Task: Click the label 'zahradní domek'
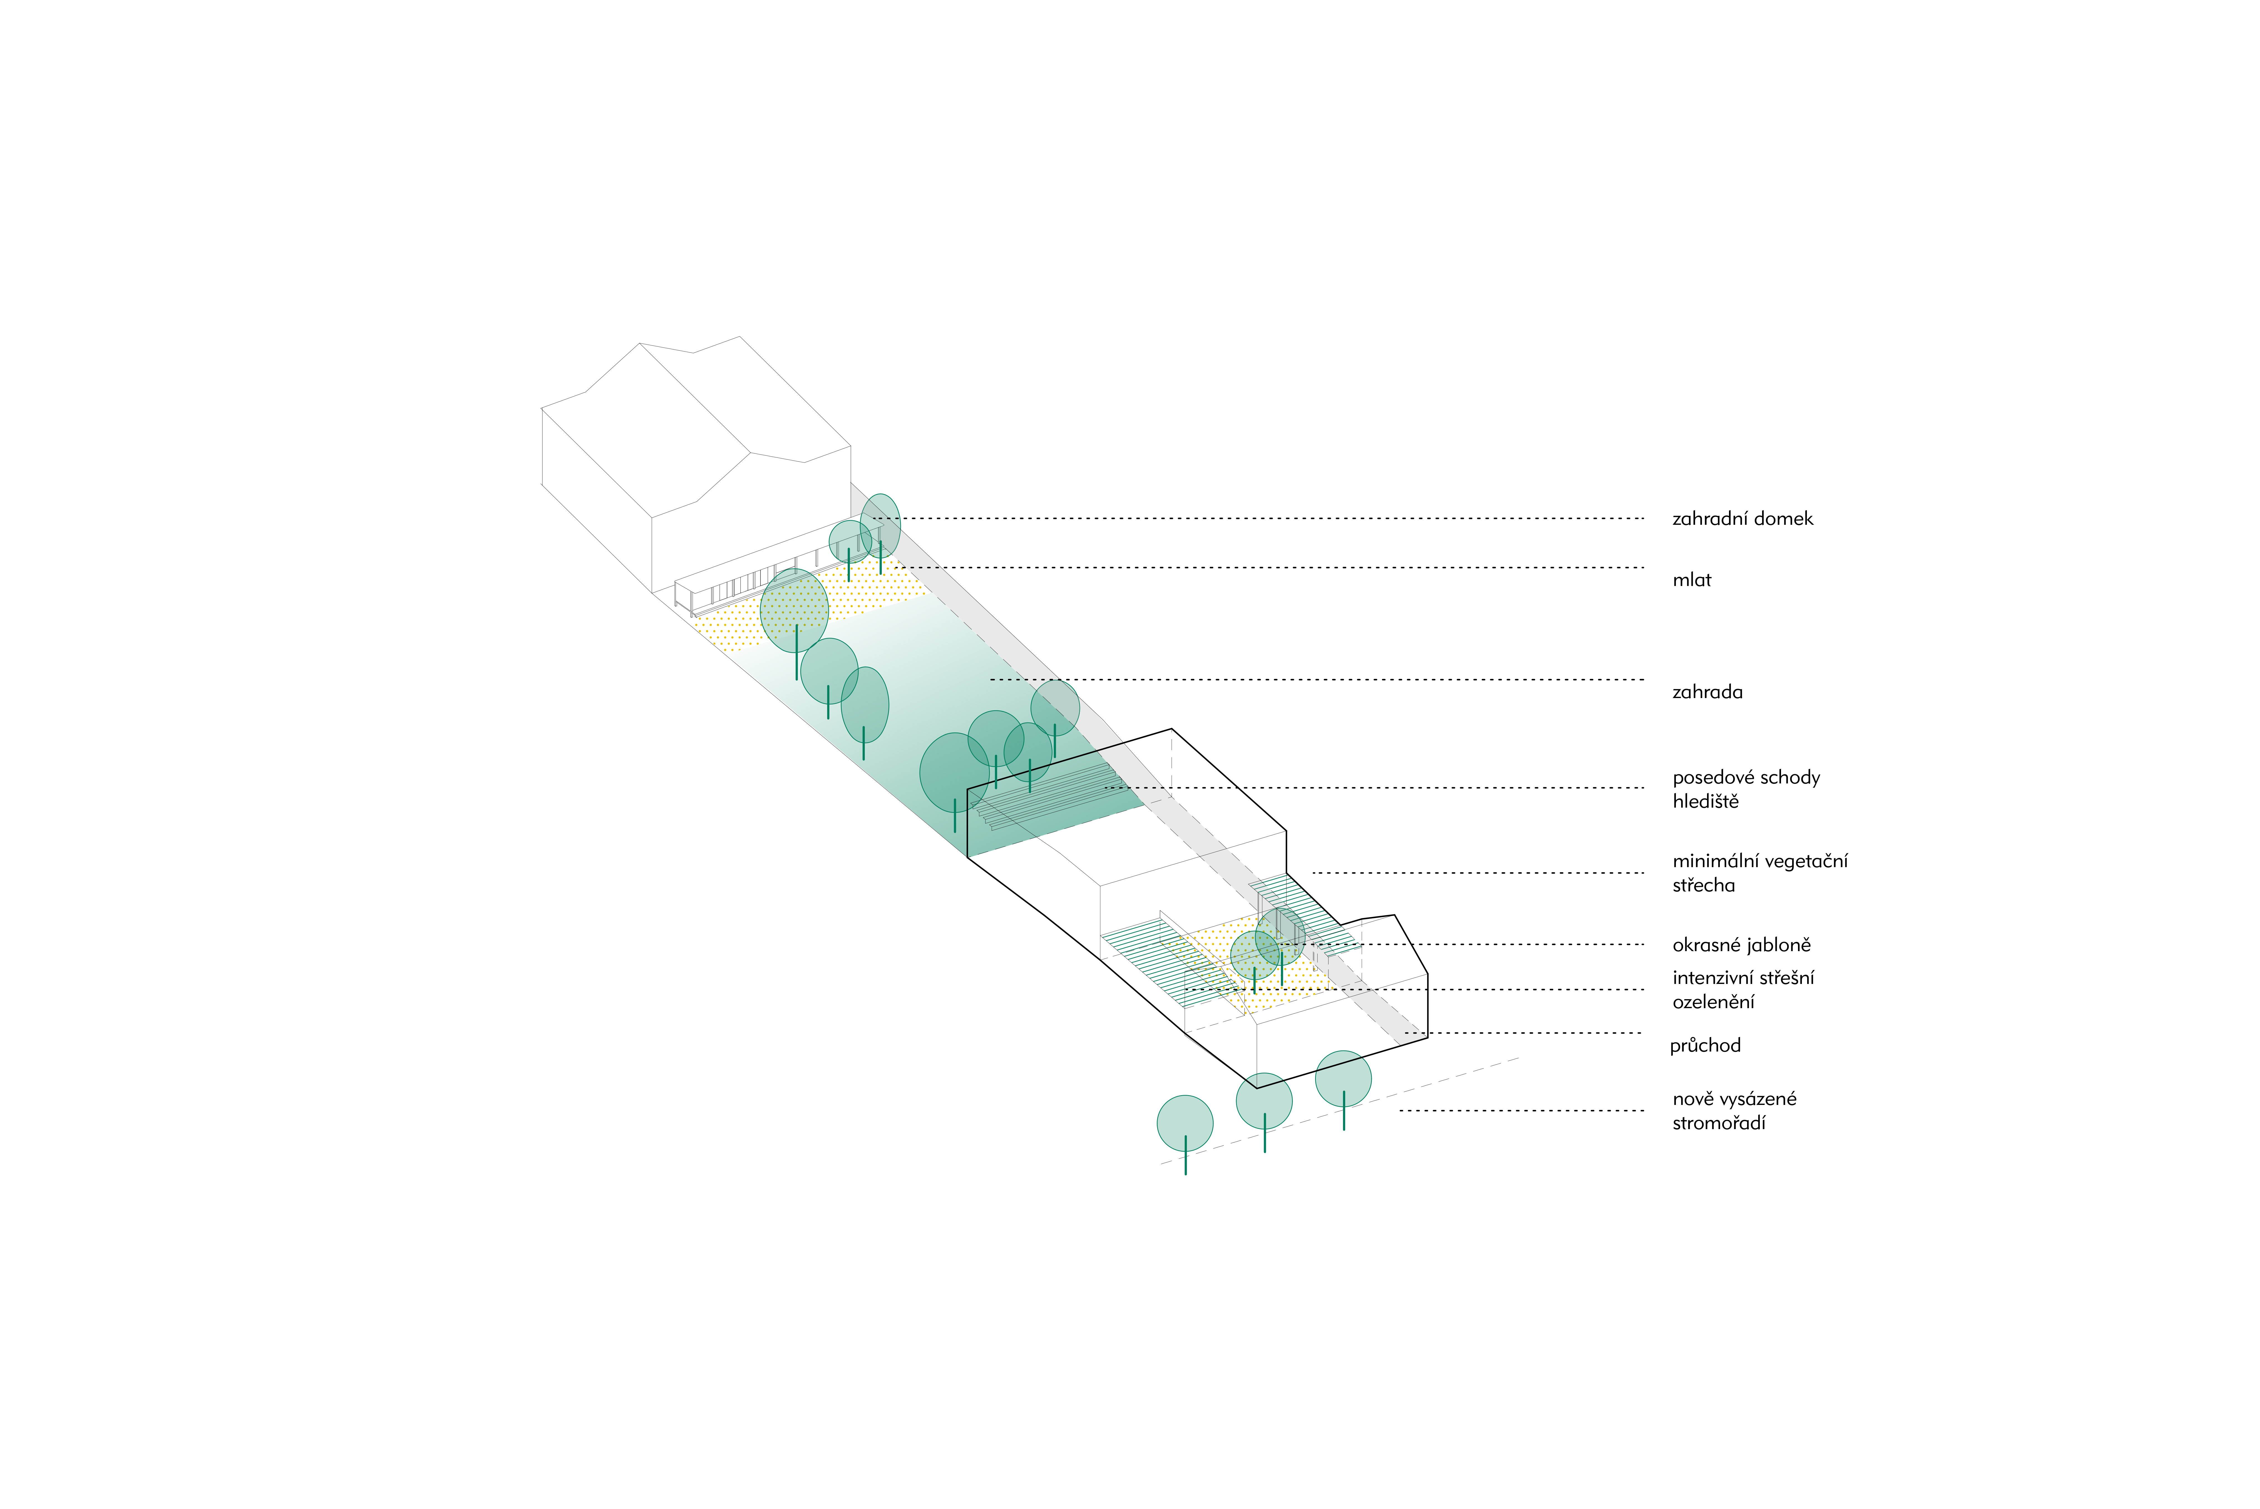[1742, 519]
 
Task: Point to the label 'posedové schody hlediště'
[1745, 789]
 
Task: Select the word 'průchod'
[1705, 1045]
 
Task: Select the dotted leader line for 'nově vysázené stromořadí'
[1521, 1110]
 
